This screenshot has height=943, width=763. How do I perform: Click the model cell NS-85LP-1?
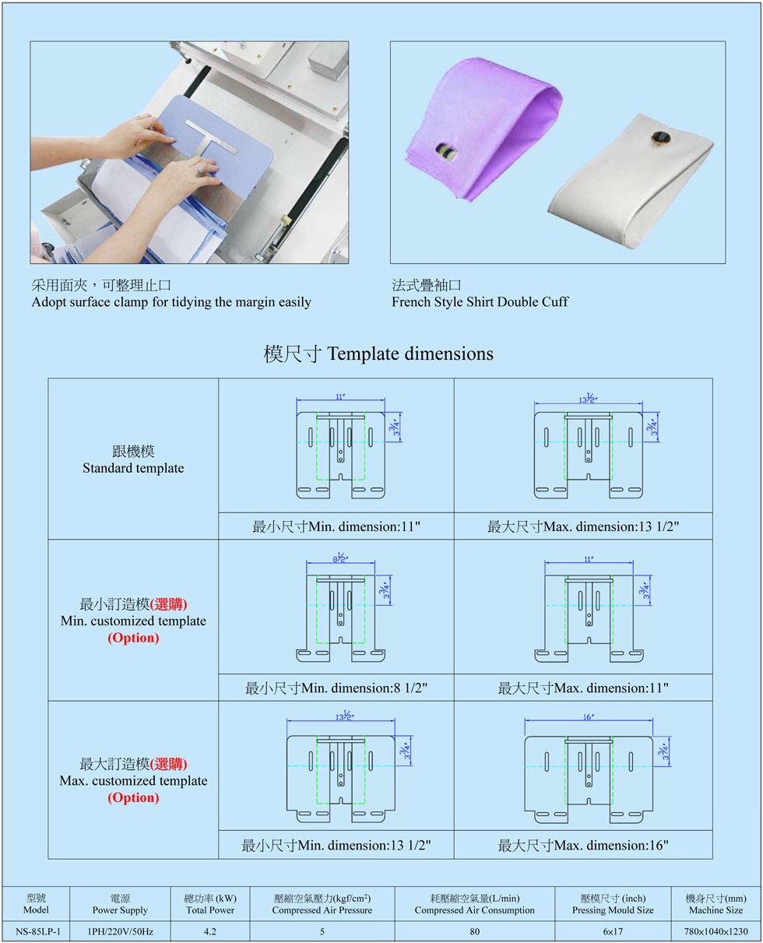37,931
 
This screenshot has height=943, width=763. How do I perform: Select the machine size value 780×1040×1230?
716,931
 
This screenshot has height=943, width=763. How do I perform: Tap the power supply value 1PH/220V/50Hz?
120,931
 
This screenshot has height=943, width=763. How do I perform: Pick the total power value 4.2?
209,931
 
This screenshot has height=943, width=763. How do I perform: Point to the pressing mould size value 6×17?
613,931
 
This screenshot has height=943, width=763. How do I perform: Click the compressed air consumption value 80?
474,931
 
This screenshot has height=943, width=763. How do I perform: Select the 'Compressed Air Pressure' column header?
322,910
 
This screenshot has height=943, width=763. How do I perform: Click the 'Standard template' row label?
133,467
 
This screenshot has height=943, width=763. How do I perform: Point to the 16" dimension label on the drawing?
588,716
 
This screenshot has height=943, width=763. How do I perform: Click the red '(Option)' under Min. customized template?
133,638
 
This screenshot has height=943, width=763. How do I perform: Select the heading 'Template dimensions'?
410,354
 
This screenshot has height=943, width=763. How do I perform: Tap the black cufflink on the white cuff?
661,139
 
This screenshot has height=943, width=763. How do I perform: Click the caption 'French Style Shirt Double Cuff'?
480,302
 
